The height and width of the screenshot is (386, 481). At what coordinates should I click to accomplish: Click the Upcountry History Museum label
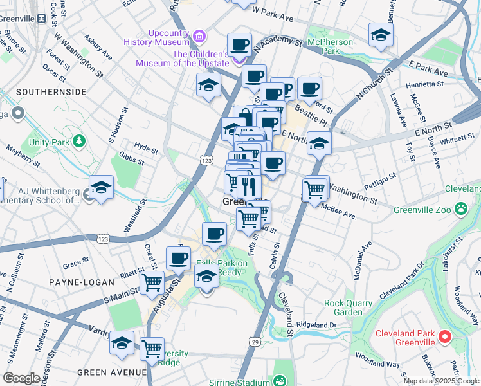(x=163, y=37)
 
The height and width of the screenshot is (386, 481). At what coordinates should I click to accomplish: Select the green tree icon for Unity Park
(x=79, y=140)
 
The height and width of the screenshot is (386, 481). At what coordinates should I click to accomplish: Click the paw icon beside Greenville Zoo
(x=461, y=208)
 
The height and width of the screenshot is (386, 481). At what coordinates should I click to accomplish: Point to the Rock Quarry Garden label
(x=348, y=308)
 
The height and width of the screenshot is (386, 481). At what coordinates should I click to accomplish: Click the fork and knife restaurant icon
(x=249, y=187)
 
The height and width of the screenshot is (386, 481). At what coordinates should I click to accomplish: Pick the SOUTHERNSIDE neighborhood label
(x=51, y=92)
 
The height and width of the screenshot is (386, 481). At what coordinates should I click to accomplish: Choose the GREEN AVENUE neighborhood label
(x=112, y=372)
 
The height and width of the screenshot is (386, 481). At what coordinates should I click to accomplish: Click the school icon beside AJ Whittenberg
(x=101, y=187)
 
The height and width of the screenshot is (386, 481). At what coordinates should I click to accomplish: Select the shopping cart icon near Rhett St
(x=152, y=282)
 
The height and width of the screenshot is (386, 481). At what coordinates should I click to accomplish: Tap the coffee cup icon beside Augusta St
(x=178, y=259)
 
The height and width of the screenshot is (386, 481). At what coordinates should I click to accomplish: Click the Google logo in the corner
(x=21, y=378)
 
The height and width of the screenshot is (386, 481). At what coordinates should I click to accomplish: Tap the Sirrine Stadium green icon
(x=279, y=381)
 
